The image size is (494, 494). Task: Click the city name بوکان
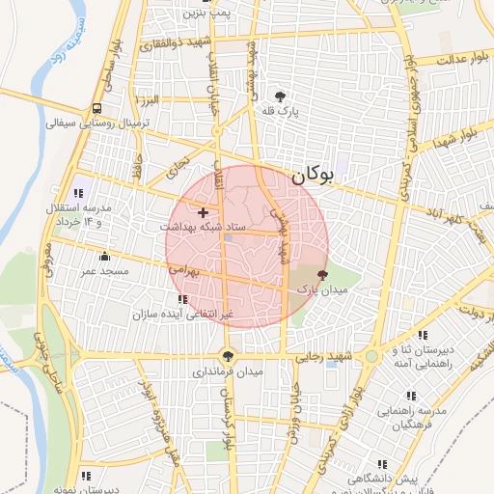pyautogui.click(x=311, y=175)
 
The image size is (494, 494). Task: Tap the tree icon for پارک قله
pyautogui.click(x=280, y=96)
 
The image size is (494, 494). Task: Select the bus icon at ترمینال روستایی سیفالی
pyautogui.click(x=97, y=108)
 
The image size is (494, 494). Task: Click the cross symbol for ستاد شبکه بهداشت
pyautogui.click(x=203, y=211)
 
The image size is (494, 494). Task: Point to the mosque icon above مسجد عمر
pyautogui.click(x=105, y=256)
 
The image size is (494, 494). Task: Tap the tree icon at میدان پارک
pyautogui.click(x=322, y=275)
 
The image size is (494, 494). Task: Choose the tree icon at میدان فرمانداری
pyautogui.click(x=228, y=354)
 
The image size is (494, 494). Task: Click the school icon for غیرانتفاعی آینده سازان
pyautogui.click(x=183, y=299)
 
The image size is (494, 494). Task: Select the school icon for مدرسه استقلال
pyautogui.click(x=78, y=194)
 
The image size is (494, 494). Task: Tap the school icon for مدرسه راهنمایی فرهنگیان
pyautogui.click(x=412, y=396)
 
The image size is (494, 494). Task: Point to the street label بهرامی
pyautogui.click(x=182, y=271)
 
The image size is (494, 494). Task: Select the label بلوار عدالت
pyautogui.click(x=458, y=60)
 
